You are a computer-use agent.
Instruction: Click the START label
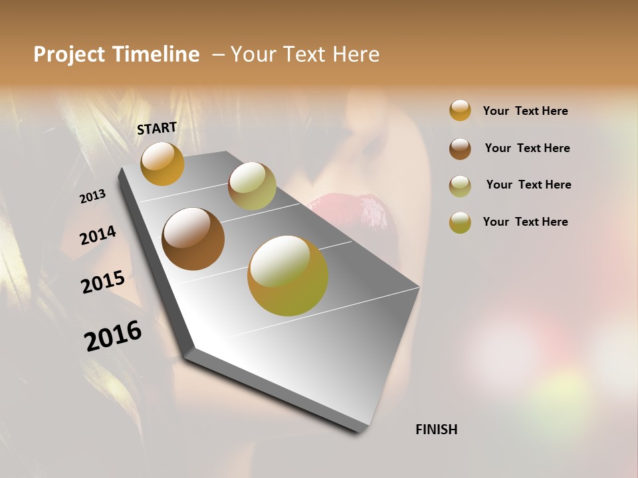pos(157,127)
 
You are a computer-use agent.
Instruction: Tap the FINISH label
pos(436,430)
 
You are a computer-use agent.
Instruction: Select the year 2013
pos(92,196)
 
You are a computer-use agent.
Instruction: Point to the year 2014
pos(98,236)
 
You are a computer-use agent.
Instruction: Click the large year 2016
pos(113,336)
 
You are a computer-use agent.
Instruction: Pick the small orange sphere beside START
pos(162,163)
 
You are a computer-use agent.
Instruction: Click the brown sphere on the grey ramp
pos(193,239)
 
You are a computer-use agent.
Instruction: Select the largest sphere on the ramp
pos(288,276)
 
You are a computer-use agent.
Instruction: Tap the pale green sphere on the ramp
pos(252,186)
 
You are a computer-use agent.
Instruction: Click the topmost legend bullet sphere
pos(460,110)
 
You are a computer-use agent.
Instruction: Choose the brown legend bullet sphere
pos(460,149)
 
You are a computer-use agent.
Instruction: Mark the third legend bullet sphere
pos(460,185)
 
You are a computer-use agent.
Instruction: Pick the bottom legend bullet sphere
pos(460,222)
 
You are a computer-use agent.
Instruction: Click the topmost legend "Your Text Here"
pos(525,111)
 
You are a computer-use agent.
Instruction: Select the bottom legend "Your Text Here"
pos(525,222)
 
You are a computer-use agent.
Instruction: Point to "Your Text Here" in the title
pos(305,54)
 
